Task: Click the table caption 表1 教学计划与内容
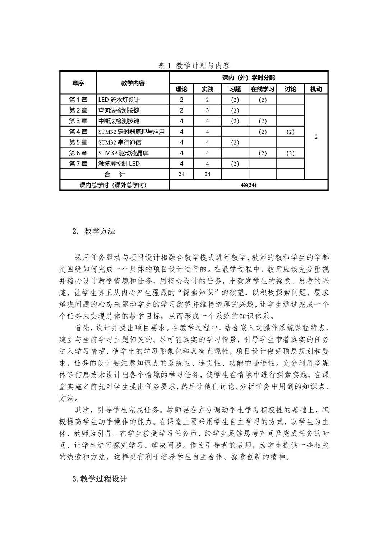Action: click(x=194, y=65)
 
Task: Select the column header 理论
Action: click(x=181, y=89)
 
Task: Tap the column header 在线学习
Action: click(x=263, y=89)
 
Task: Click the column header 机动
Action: click(x=316, y=89)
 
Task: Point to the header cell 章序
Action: click(x=78, y=83)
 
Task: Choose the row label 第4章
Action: click(x=78, y=132)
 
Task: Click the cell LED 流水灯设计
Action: click(x=119, y=100)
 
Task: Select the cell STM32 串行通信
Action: click(x=120, y=142)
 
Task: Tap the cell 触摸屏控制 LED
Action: click(x=119, y=164)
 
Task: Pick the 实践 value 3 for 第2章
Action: click(x=207, y=110)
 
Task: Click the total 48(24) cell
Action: click(x=249, y=185)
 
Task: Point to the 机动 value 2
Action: click(x=316, y=137)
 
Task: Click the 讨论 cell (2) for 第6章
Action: click(x=290, y=153)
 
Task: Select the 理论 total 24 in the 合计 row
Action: click(x=181, y=174)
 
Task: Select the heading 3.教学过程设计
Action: click(x=100, y=479)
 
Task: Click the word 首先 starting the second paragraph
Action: click(x=82, y=328)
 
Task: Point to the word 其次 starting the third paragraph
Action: click(x=82, y=410)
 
